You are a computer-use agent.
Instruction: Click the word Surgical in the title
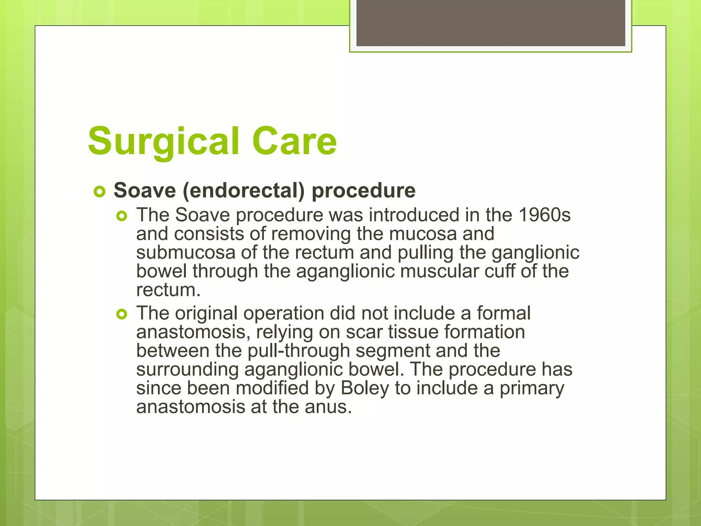tap(163, 142)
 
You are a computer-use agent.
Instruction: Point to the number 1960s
tap(545, 215)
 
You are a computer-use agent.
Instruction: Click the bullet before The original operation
tap(122, 314)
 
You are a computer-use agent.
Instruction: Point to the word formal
tap(504, 313)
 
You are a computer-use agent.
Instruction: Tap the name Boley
tap(365, 388)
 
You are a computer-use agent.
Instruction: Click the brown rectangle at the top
tap(490, 23)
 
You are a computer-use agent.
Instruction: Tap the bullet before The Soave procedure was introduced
tap(122, 216)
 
